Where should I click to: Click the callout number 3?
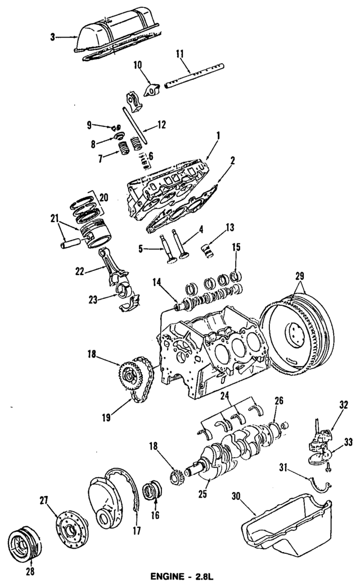point(52,38)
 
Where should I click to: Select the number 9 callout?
point(88,124)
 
